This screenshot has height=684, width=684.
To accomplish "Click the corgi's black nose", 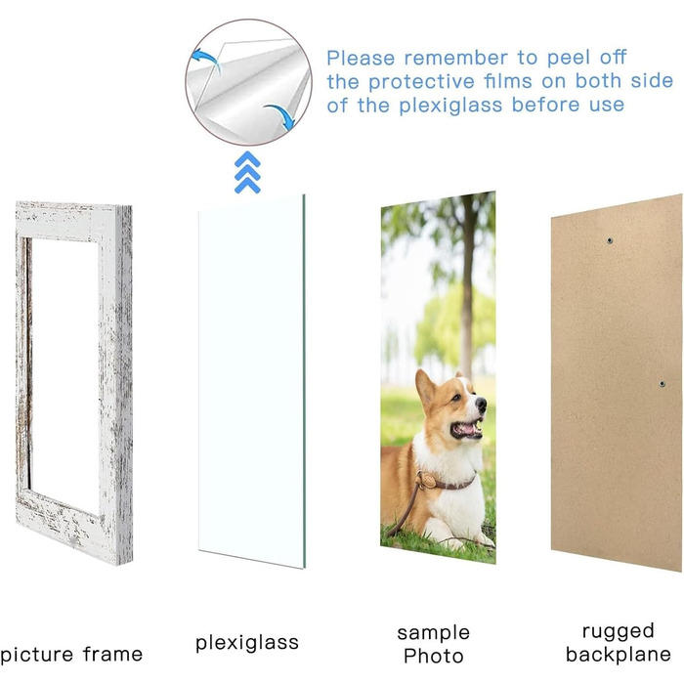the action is click(x=481, y=405).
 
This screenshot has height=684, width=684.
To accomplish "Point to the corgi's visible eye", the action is click(x=455, y=398).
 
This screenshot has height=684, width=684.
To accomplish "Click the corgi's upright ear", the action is click(x=425, y=387).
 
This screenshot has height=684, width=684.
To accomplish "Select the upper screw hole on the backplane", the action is click(x=610, y=240).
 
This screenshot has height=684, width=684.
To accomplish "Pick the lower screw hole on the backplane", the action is click(x=663, y=384).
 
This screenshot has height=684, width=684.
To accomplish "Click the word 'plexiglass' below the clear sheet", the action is click(x=247, y=643).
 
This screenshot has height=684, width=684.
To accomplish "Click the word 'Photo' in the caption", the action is click(x=433, y=656).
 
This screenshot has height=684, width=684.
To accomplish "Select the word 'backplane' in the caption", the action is click(x=619, y=655).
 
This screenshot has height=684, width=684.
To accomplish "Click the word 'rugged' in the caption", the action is click(x=619, y=631).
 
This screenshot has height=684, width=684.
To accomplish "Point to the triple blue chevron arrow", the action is click(x=247, y=173).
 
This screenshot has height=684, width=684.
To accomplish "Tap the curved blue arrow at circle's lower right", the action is click(x=280, y=116).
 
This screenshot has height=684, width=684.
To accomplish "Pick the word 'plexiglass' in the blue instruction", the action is click(x=450, y=106).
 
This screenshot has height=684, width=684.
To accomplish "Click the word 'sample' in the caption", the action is click(x=433, y=633).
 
